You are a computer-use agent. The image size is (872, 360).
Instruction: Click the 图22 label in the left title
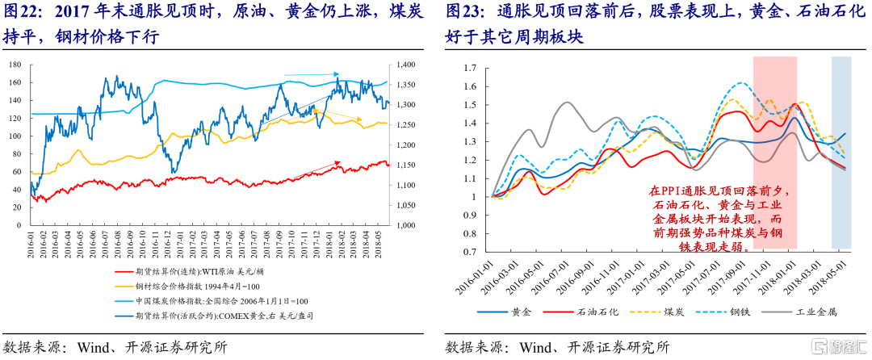pos(24,14)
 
